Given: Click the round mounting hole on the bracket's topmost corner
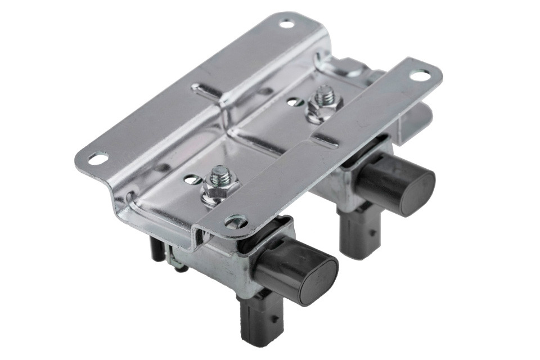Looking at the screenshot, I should tap(287, 24).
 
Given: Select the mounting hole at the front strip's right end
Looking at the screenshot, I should tap(420, 74).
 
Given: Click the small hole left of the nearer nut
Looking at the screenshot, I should tap(192, 180).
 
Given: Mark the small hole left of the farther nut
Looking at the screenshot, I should tap(292, 102).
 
